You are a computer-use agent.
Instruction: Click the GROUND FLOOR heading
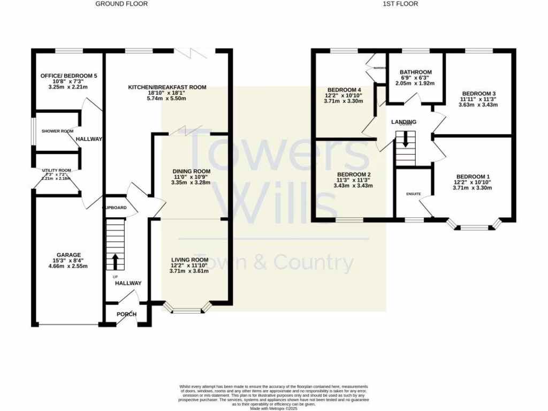pos(121,4)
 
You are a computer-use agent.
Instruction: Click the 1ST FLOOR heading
pos(401,4)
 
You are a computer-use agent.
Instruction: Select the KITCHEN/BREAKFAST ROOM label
pos(167,87)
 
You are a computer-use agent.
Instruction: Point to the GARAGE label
pos(68,255)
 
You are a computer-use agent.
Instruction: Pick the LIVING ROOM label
pos(189,259)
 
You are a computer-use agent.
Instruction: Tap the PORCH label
pos(127,314)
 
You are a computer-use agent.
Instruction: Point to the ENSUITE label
pos(413,194)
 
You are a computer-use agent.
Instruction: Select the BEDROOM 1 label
pos(473,177)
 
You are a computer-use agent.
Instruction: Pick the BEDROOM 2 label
pos(354,174)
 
